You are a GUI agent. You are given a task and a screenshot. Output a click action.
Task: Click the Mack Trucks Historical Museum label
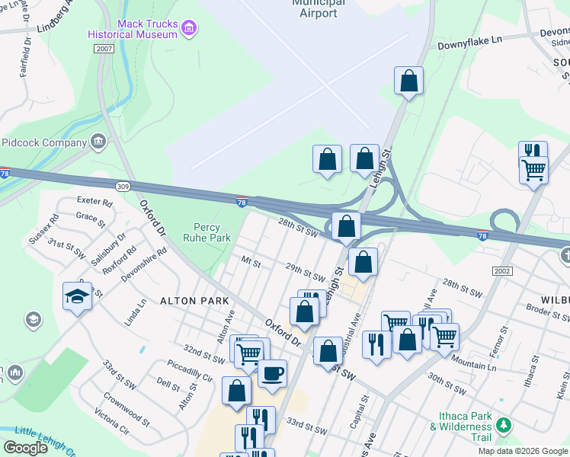pyautogui.click(x=133, y=29)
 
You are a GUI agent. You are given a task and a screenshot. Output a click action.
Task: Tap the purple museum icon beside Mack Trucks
pyautogui.click(x=190, y=29)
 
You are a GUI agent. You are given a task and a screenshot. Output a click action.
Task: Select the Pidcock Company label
pyautogui.click(x=43, y=142)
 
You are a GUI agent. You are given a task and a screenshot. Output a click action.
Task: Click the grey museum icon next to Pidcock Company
pyautogui.click(x=98, y=141)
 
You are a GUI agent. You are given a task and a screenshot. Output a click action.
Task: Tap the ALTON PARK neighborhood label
pyautogui.click(x=194, y=301)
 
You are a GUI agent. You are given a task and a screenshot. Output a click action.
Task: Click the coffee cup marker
pyautogui.click(x=272, y=372)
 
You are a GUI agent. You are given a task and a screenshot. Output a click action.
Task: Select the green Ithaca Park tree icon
pyautogui.click(x=503, y=423)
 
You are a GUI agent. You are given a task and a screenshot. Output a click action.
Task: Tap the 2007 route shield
pyautogui.click(x=104, y=48)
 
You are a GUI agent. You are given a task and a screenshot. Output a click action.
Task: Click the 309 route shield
pyautogui.click(x=123, y=185)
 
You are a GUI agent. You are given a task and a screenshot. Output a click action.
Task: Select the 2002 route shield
pyautogui.click(x=501, y=270)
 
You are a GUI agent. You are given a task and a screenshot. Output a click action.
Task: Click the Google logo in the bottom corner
pyautogui.click(x=25, y=448)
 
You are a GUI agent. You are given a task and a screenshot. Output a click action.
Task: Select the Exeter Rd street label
pyautogui.click(x=94, y=203)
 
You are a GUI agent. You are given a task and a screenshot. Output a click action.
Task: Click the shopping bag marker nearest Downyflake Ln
pyautogui.click(x=408, y=80)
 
